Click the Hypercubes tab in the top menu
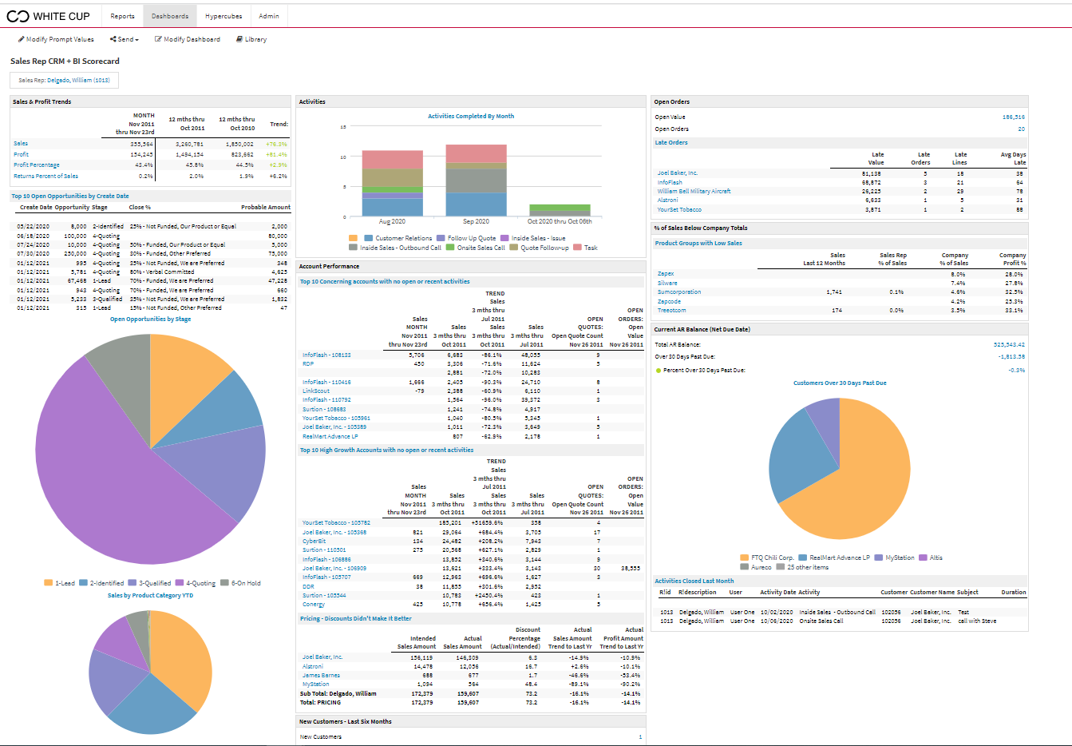[223, 16]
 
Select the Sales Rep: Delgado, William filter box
[64, 80]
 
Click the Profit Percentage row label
[37, 165]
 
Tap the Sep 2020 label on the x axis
[476, 221]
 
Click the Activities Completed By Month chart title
[470, 117]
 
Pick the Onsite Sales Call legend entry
[481, 248]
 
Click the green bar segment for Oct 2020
[560, 208]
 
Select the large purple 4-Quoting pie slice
[104, 479]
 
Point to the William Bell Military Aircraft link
[694, 192]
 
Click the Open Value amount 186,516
[1013, 117]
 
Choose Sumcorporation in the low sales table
[679, 292]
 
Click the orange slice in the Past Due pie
[862, 479]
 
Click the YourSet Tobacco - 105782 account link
[336, 523]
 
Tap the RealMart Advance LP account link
[330, 436]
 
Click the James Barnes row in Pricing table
[322, 676]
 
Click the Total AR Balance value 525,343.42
[1009, 345]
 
